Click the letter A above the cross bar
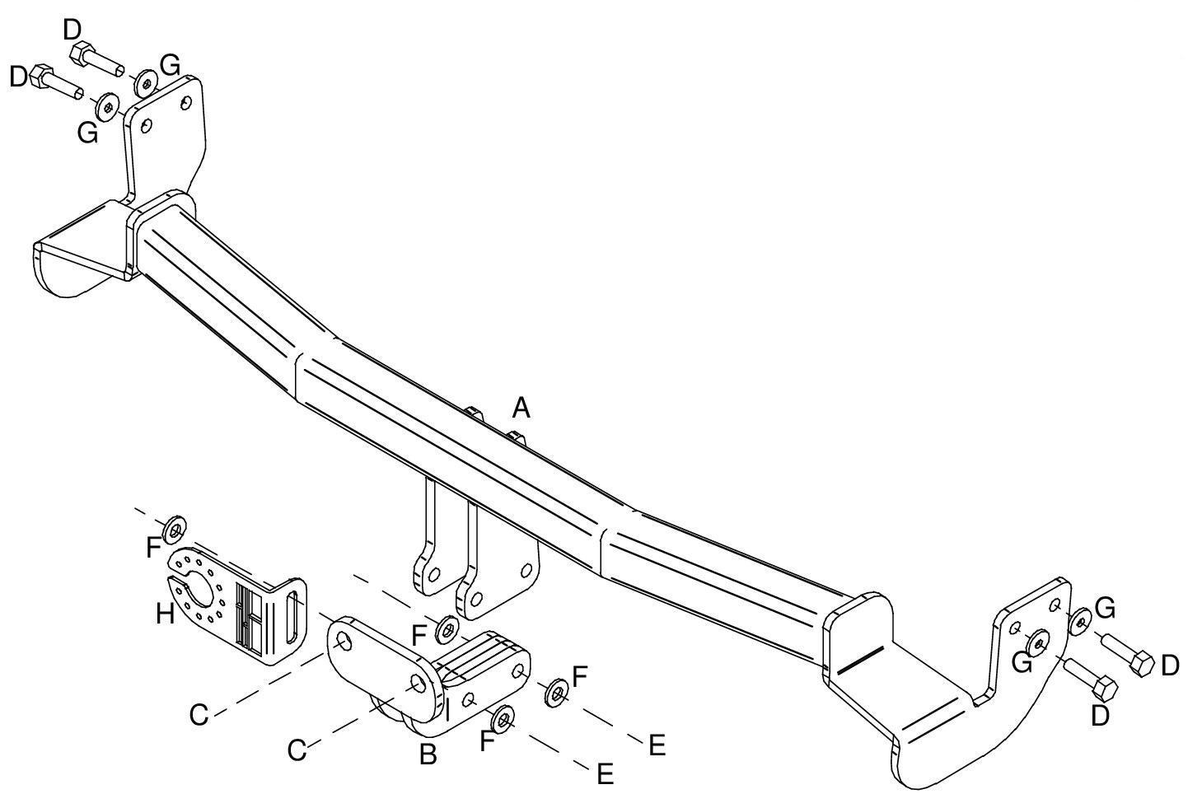pyautogui.click(x=521, y=409)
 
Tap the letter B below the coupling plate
pyautogui.click(x=428, y=754)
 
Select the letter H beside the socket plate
pyautogui.click(x=166, y=614)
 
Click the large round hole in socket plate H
pyautogui.click(x=201, y=590)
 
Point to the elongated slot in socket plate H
pyautogui.click(x=292, y=618)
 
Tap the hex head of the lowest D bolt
pyautogui.click(x=1106, y=689)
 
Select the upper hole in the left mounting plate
pyautogui.click(x=185, y=102)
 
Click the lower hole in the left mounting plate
pyautogui.click(x=147, y=126)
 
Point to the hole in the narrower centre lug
pyautogui.click(x=434, y=574)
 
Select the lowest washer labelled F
pyautogui.click(x=503, y=719)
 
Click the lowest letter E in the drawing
pyautogui.click(x=605, y=774)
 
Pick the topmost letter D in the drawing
pyautogui.click(x=72, y=30)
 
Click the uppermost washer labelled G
pyautogui.click(x=145, y=83)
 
